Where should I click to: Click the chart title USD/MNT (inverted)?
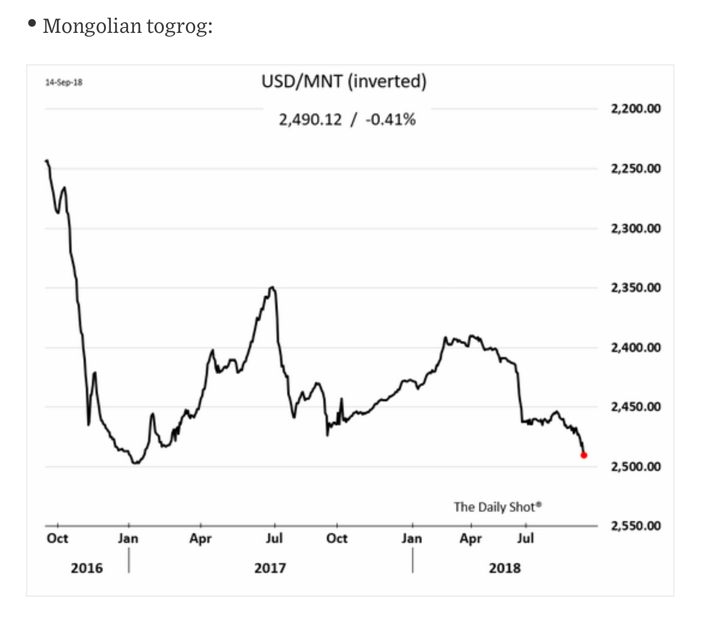tap(344, 81)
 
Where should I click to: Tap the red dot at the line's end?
tap(584, 455)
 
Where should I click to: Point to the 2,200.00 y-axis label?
tap(636, 108)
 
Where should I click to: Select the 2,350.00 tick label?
tap(636, 288)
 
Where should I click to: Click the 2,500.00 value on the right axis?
tap(636, 466)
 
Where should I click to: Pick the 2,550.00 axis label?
tap(636, 526)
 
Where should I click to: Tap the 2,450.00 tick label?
tap(636, 407)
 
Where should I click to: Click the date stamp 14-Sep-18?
tap(64, 82)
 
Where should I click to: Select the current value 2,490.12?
tap(310, 119)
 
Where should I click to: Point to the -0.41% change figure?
tap(390, 119)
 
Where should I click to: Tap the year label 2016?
tap(87, 568)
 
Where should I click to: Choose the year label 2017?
tap(270, 568)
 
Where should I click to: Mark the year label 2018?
tap(504, 568)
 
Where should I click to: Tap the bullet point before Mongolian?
tap(32, 23)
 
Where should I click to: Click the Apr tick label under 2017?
tap(201, 539)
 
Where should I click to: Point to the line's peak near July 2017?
tap(272, 288)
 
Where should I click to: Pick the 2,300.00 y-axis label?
tap(636, 228)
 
